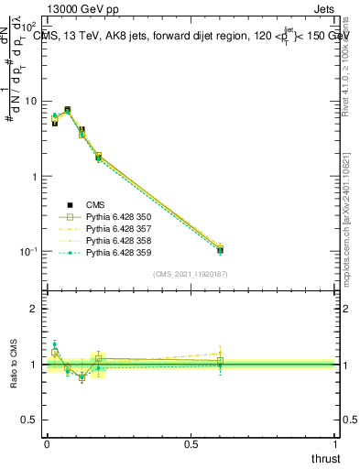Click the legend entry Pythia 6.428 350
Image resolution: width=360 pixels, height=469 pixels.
[116, 217]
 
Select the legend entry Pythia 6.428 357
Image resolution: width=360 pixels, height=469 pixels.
[116, 229]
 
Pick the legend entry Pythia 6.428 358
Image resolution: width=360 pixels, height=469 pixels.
[116, 241]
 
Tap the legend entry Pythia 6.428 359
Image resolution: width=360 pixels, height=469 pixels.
[116, 253]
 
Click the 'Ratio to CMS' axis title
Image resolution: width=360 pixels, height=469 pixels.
[15, 365]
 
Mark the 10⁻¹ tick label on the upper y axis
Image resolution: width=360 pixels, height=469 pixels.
[29, 251]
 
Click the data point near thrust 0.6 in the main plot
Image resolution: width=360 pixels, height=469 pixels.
[220, 249]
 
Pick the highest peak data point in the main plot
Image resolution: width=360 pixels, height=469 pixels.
[67, 110]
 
